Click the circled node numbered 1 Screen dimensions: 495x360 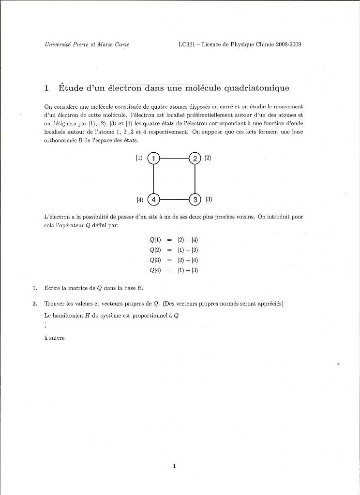point(153,159)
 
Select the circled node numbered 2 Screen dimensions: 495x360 point(195,159)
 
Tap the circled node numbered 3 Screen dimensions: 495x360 point(195,199)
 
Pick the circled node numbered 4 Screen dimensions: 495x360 point(153,199)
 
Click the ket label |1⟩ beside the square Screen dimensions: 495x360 point(139,158)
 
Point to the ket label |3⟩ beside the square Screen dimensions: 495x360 point(209,199)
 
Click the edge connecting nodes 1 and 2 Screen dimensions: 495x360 point(174,159)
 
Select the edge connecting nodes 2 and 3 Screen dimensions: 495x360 point(195,179)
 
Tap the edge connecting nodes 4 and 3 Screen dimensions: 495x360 point(174,199)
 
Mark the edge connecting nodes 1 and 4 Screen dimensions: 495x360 point(153,179)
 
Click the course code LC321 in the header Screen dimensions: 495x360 point(187,44)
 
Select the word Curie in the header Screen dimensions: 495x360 point(122,44)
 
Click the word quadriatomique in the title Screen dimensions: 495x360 point(254,88)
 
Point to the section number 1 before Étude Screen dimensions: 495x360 point(46,88)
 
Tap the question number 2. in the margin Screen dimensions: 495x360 point(35,304)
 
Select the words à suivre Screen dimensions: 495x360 point(54,338)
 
